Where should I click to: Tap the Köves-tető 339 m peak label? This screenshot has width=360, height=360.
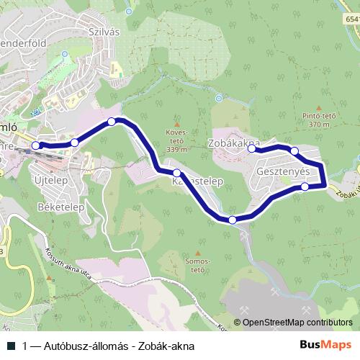(177, 141)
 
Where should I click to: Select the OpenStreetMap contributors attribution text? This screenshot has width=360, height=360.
(293, 323)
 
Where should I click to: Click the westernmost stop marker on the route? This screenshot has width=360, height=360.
(36, 145)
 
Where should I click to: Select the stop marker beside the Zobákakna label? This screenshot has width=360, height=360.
(252, 148)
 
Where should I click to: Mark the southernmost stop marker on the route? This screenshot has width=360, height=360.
(233, 220)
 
